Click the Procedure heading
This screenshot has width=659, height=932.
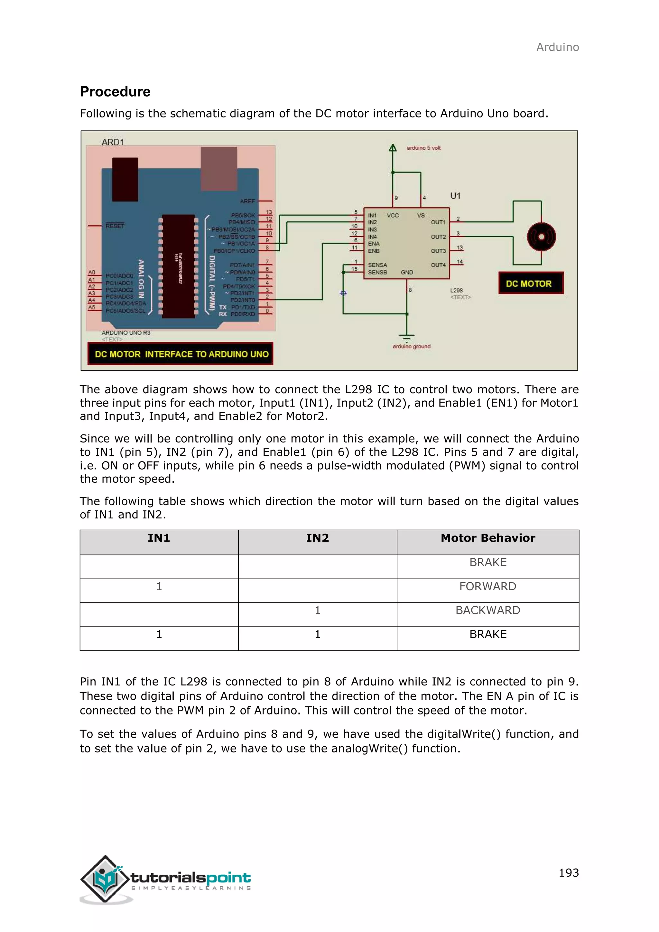click(x=115, y=92)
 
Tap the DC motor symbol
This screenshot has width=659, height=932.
click(x=541, y=237)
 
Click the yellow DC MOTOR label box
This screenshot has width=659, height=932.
click(x=531, y=283)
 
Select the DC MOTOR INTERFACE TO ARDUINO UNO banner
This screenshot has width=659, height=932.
click(x=181, y=354)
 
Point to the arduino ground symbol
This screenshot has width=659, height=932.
click(x=407, y=338)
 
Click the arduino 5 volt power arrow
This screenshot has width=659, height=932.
click(x=392, y=149)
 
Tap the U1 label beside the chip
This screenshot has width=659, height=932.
click(x=455, y=196)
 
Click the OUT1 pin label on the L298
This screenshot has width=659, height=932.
click(x=438, y=222)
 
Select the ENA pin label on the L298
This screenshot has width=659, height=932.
click(x=374, y=244)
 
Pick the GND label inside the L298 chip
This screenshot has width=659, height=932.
click(x=407, y=272)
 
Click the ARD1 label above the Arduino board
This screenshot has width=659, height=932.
click(x=112, y=142)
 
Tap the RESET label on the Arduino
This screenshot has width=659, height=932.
click(x=115, y=226)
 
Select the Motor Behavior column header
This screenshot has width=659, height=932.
click(x=488, y=538)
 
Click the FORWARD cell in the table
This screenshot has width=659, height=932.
click(x=488, y=587)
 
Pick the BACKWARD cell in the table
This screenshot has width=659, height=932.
click(x=488, y=610)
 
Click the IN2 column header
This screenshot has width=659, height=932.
click(x=317, y=538)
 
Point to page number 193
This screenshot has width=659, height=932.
click(x=569, y=873)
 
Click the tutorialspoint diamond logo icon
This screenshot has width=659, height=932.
click(x=105, y=879)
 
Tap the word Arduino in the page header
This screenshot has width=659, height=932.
click(x=558, y=48)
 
